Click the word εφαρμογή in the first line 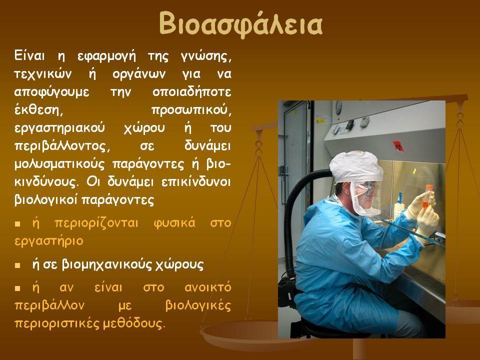point(106,57)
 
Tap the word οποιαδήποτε point(191,92)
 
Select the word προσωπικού point(191,110)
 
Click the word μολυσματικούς point(59,164)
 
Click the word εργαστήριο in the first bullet point(49,241)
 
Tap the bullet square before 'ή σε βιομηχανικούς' point(17,265)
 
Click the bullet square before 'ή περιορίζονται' point(17,224)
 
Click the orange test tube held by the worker point(426,197)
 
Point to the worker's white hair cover point(356,167)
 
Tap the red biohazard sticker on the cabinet point(398,146)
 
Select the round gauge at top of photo point(338,108)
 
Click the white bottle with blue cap point(398,206)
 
